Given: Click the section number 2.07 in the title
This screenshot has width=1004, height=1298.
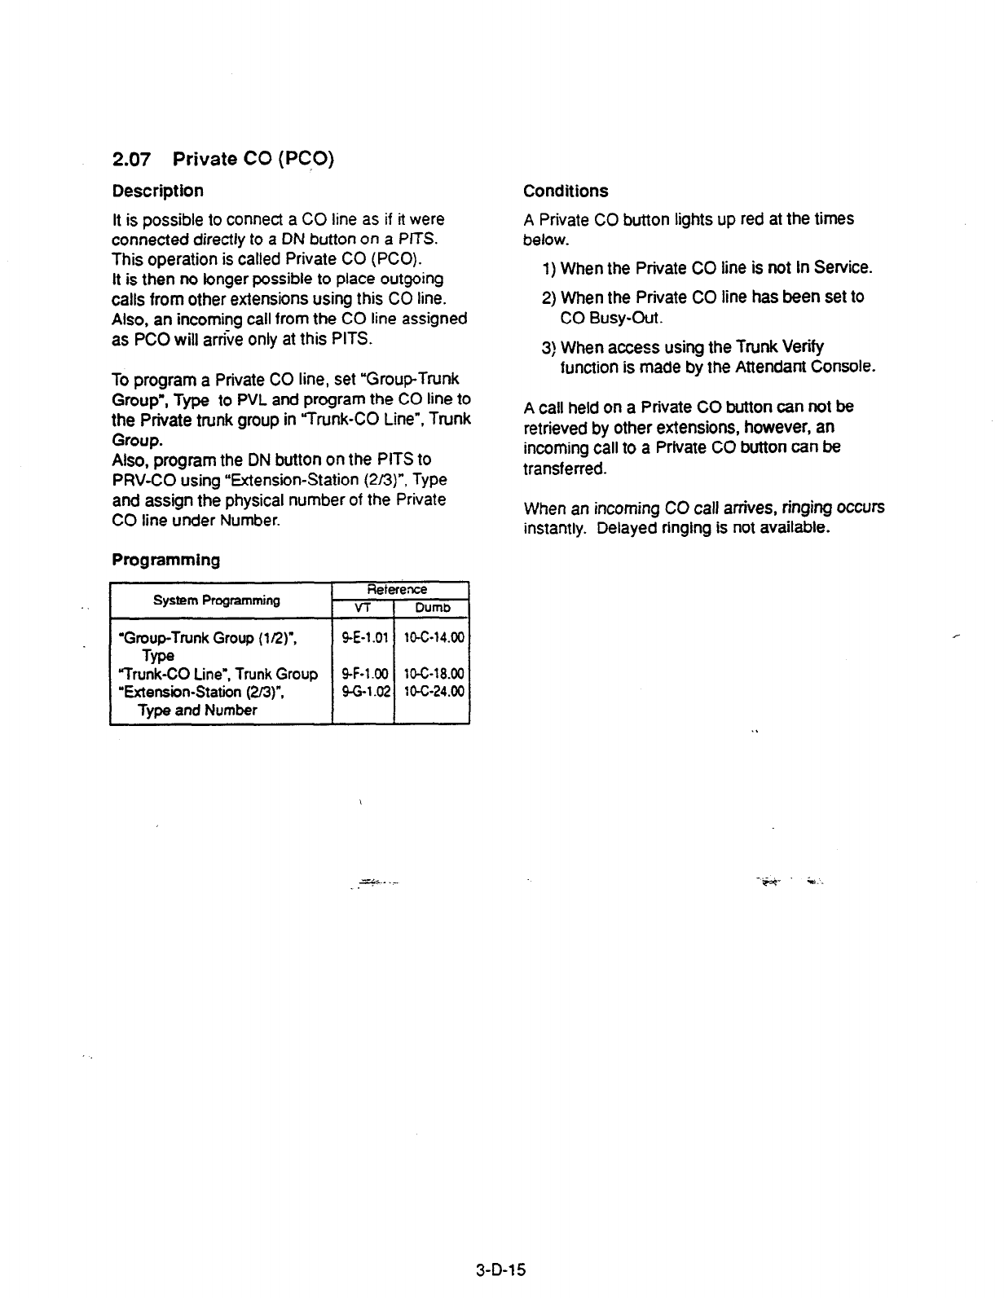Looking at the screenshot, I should (x=130, y=161).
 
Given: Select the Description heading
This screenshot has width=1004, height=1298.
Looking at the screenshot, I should (x=157, y=191).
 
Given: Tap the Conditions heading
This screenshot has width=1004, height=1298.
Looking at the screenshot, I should (x=566, y=191).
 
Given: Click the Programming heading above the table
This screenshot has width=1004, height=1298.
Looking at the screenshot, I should (x=165, y=561).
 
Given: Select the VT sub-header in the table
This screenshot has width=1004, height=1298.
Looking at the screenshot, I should (x=363, y=608).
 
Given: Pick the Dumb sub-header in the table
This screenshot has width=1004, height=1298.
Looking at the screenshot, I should (x=431, y=608).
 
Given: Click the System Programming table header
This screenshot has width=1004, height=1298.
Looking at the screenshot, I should (x=217, y=601).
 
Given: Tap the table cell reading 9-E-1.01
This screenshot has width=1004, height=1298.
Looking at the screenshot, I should (x=363, y=637).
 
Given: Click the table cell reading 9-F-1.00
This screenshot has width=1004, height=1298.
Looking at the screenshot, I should (x=363, y=674).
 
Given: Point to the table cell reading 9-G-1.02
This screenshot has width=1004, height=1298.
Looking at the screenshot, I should (x=363, y=692).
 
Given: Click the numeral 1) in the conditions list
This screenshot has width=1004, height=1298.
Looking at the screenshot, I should (x=548, y=268).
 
